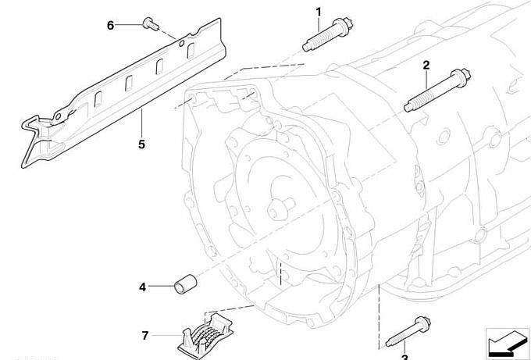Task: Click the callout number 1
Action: coord(319,12)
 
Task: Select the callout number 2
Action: coord(426,65)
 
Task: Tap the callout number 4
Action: coord(143,287)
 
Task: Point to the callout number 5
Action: coord(141,144)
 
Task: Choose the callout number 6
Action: coord(110,26)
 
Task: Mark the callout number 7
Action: coord(145,336)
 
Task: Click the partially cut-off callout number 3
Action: coord(404,358)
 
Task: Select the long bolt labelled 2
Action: coord(437,90)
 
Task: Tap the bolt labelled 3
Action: coord(408,332)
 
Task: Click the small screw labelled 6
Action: coord(151,23)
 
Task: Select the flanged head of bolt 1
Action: coord(344,27)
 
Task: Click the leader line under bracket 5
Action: coord(141,123)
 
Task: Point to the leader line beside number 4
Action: coord(161,287)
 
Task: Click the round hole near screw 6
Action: coord(181,43)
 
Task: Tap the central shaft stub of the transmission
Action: coord(281,208)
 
